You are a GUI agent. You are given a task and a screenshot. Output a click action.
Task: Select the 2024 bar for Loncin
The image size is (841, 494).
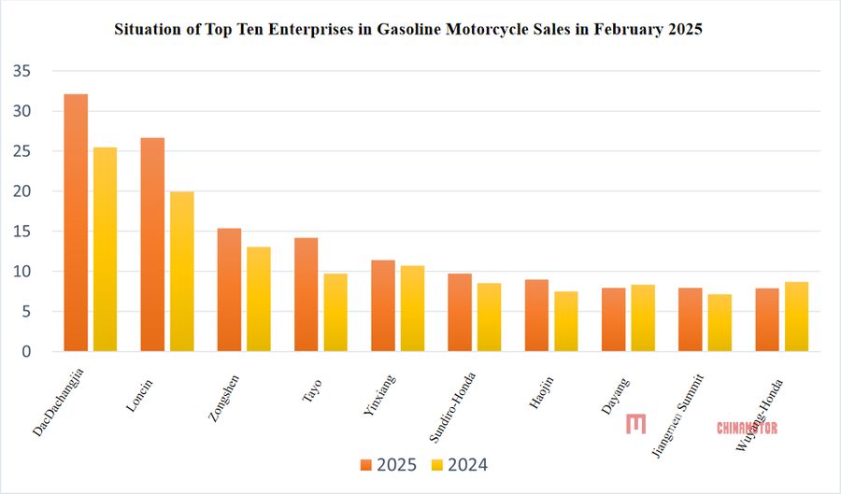pos(182,271)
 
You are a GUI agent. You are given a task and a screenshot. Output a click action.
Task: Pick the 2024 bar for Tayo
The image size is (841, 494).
pos(335,312)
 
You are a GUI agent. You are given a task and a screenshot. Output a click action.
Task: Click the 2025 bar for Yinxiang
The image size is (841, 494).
pos(383,305)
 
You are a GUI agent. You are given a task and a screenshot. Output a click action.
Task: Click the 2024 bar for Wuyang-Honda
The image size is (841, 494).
pos(797,317)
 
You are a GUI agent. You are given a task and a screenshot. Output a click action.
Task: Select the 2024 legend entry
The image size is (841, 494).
pos(459,464)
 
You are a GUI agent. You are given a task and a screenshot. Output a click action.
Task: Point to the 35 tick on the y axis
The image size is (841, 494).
pos(23,71)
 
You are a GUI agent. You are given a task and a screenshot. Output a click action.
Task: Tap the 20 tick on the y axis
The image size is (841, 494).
pos(23,191)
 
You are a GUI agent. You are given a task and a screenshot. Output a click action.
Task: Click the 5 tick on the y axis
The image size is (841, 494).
pos(27,312)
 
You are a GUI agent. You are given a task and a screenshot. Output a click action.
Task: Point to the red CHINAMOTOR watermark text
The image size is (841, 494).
pos(747,428)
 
